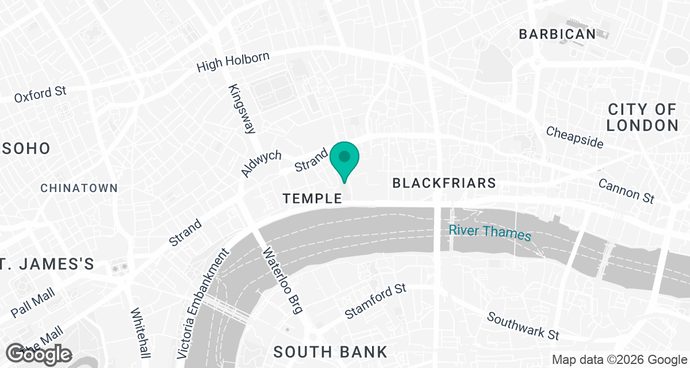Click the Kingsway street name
pyautogui.click(x=242, y=109)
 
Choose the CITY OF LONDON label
pyautogui.click(x=642, y=117)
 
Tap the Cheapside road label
pyautogui.click(x=575, y=137)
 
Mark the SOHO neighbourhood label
pyautogui.click(x=25, y=148)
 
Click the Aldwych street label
pyautogui.click(x=262, y=164)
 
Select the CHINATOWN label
pyautogui.click(x=79, y=188)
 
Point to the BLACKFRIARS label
pyautogui.click(x=443, y=183)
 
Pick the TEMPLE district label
pyautogui.click(x=312, y=198)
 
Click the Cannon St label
pyautogui.click(x=626, y=190)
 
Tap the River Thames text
pyautogui.click(x=490, y=232)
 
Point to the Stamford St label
pyautogui.click(x=375, y=301)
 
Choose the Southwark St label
pyautogui.click(x=523, y=325)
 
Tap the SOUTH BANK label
pyautogui.click(x=330, y=351)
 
